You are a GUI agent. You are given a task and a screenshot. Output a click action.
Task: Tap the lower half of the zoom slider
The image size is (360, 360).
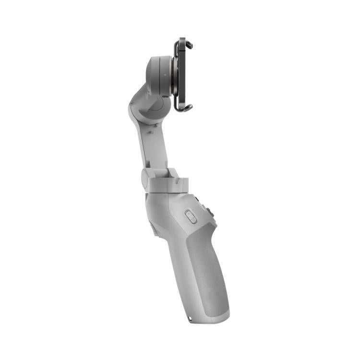[x=190, y=221]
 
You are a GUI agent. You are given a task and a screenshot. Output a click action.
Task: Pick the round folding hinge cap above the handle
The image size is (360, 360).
[x=145, y=177]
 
